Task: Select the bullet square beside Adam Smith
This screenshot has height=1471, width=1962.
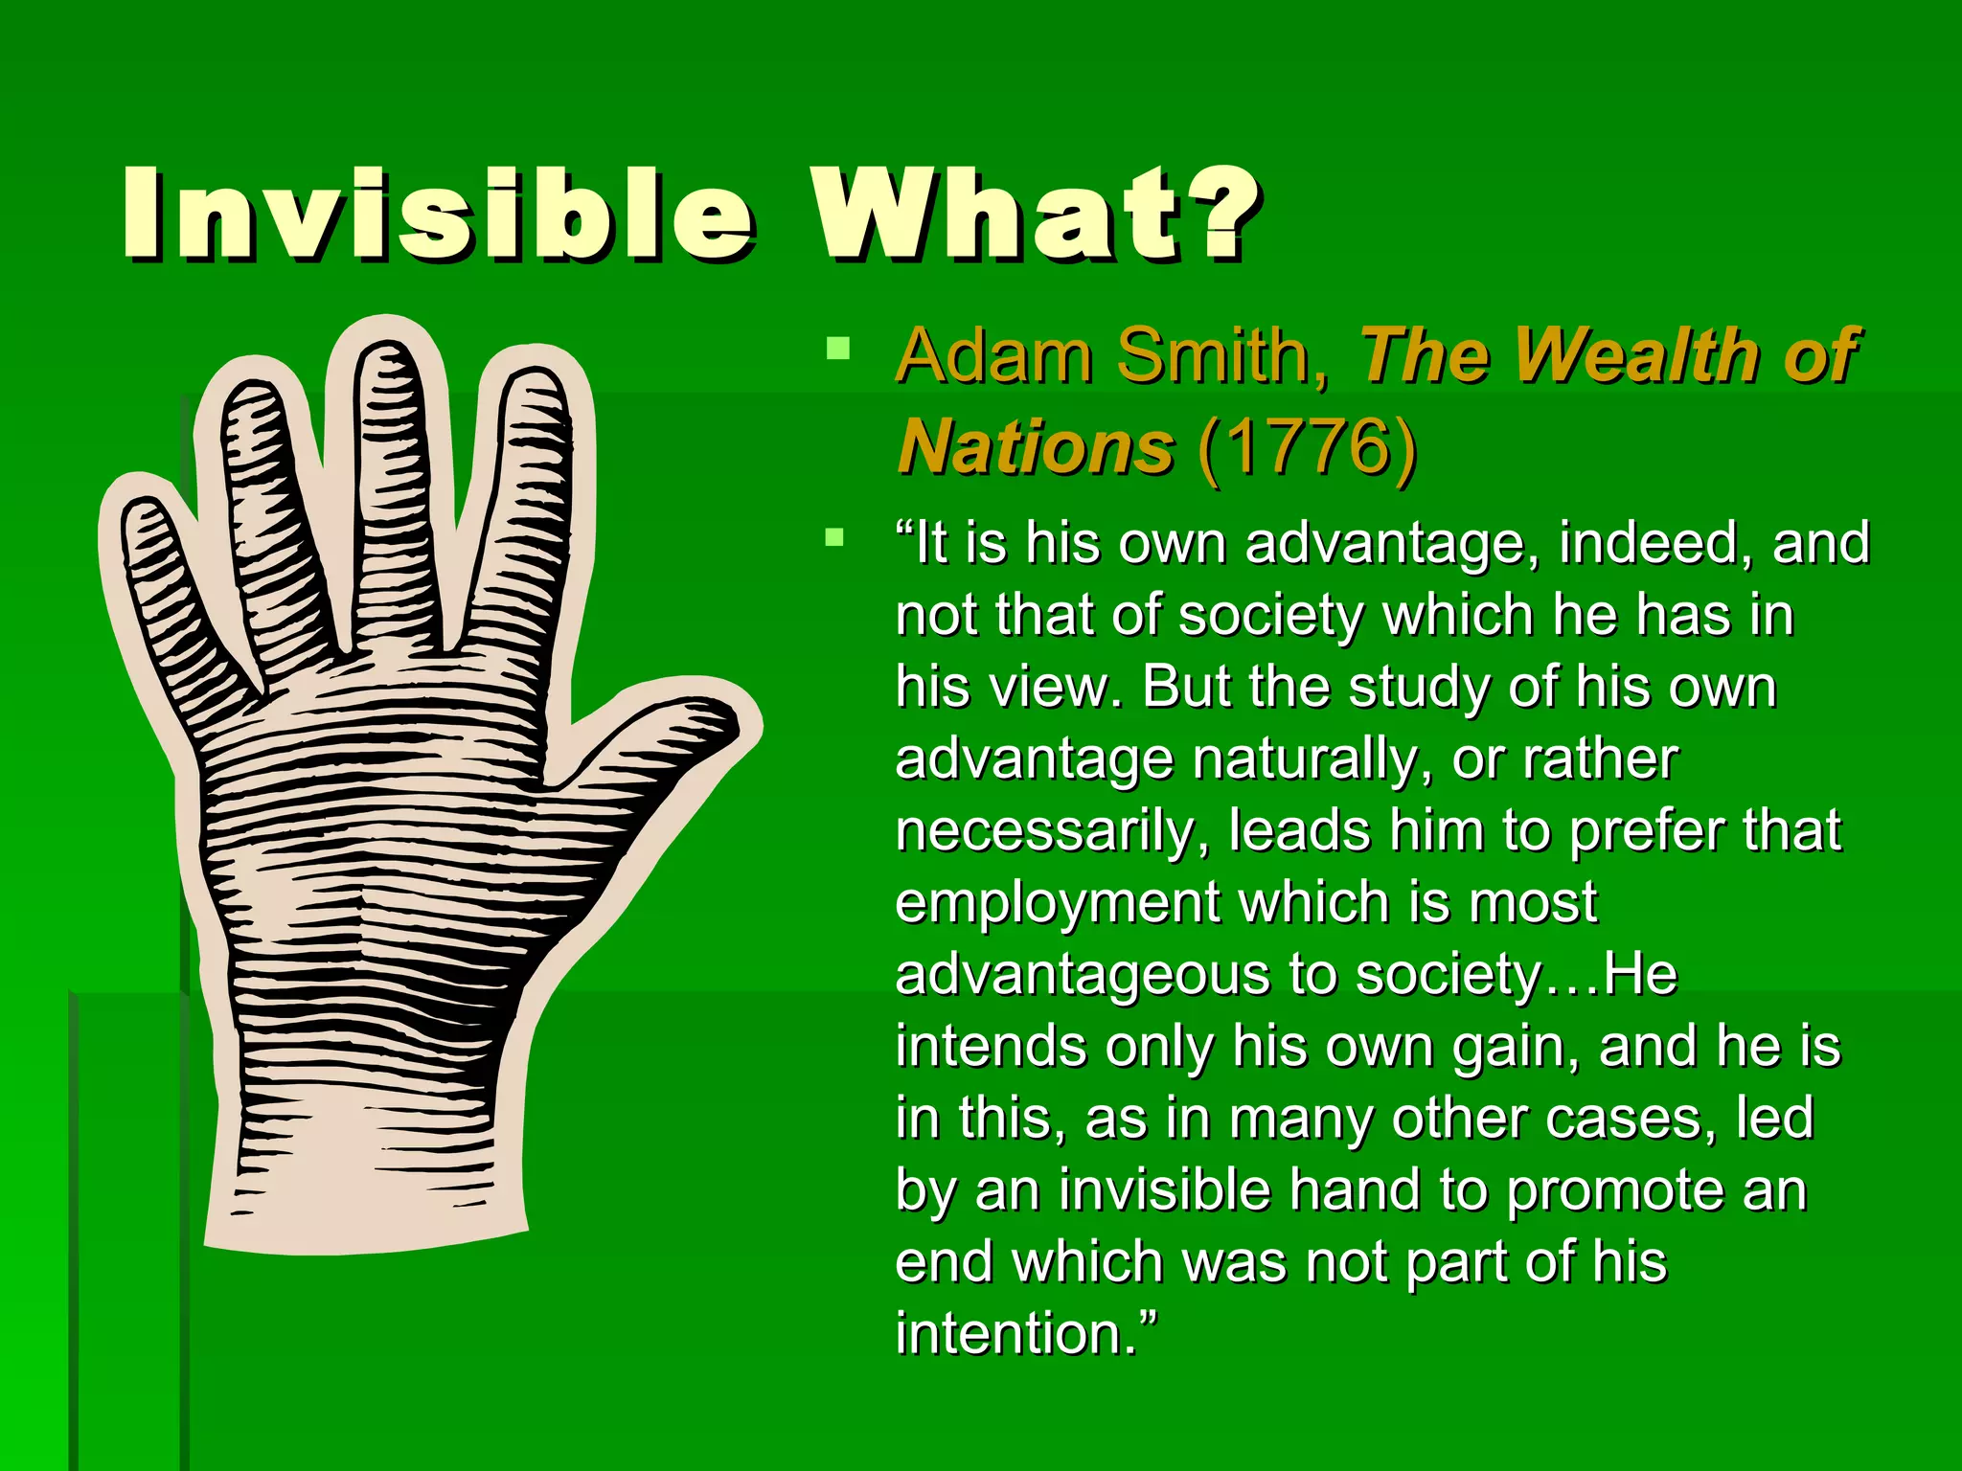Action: point(837,348)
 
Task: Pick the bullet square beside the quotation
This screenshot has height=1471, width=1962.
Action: point(835,536)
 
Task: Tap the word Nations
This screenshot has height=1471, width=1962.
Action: point(1036,446)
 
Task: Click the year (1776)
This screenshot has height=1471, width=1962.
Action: point(1307,446)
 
